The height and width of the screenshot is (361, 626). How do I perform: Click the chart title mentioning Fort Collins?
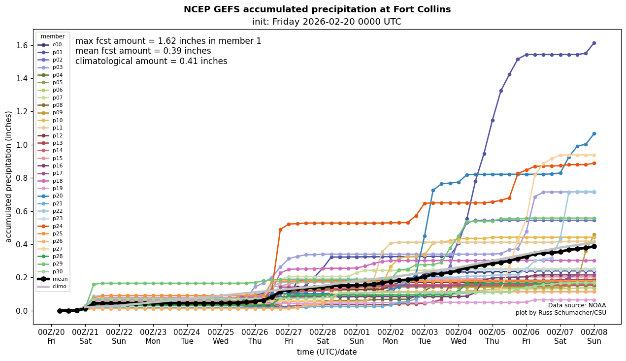(x=317, y=9)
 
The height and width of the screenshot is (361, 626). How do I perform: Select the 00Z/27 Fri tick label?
(x=289, y=336)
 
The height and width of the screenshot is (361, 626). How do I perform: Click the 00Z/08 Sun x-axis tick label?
(x=594, y=336)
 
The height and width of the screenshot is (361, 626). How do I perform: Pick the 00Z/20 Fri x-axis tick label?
(x=51, y=336)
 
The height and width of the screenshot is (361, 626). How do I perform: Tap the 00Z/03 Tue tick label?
(x=425, y=336)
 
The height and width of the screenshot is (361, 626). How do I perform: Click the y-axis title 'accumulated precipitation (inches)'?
(x=9, y=176)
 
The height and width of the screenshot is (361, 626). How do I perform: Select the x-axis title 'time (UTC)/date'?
(x=327, y=352)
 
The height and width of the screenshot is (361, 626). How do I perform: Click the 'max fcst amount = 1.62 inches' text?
(x=168, y=41)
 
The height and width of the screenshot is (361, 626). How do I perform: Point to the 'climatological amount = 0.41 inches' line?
(x=151, y=62)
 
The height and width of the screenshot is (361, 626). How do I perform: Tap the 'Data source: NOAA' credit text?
(x=577, y=305)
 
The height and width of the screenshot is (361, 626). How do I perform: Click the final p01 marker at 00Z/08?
(x=594, y=43)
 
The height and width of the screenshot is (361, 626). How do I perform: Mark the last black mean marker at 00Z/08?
(x=594, y=246)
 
